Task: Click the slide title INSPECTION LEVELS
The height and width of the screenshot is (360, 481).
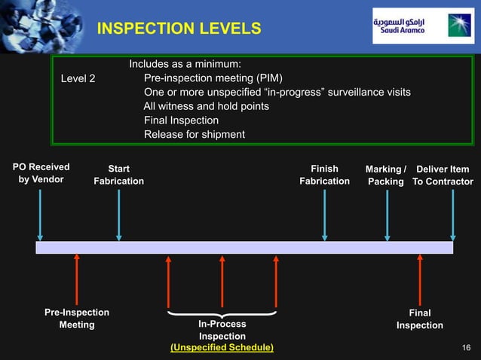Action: [179, 29]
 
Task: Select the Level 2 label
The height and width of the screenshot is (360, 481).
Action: [78, 78]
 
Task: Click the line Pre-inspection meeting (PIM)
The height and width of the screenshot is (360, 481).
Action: [213, 78]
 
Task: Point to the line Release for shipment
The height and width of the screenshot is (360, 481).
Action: [195, 135]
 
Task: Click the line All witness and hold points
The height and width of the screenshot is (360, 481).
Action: [206, 106]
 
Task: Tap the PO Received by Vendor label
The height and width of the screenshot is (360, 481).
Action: [41, 173]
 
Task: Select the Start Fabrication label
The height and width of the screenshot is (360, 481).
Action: [118, 175]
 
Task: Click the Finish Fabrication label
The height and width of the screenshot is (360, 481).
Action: [324, 175]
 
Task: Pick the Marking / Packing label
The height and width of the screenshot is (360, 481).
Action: [386, 175]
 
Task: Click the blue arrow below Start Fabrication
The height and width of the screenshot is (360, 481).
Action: [118, 215]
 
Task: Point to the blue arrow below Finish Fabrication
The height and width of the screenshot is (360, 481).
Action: [325, 215]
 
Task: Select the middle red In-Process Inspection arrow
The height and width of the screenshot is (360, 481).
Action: [222, 280]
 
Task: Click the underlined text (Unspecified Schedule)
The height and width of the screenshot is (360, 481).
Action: [222, 347]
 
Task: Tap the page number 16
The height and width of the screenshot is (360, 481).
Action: [465, 347]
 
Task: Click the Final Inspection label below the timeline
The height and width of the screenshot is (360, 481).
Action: [420, 319]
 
